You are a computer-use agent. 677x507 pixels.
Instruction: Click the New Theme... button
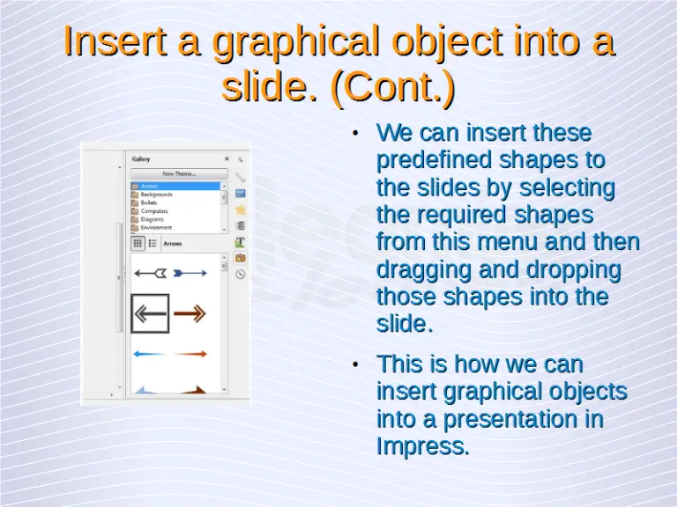tap(179, 173)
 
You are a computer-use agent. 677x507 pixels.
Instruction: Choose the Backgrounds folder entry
tap(156, 195)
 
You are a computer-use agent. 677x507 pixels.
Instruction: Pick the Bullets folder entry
tap(149, 202)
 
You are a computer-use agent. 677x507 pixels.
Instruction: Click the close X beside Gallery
tap(227, 159)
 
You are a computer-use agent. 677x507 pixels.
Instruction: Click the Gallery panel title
tap(141, 159)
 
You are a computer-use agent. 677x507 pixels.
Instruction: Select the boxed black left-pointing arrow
tap(150, 313)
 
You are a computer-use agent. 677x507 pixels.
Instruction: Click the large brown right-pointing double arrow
tap(190, 313)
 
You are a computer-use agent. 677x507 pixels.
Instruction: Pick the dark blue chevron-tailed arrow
tap(190, 273)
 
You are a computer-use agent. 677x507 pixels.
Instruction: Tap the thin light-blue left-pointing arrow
tap(151, 354)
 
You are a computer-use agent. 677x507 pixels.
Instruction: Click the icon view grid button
tap(138, 243)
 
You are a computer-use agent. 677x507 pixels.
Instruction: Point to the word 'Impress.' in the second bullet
tap(422, 446)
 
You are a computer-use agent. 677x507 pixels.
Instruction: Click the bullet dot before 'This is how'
tap(353, 364)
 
